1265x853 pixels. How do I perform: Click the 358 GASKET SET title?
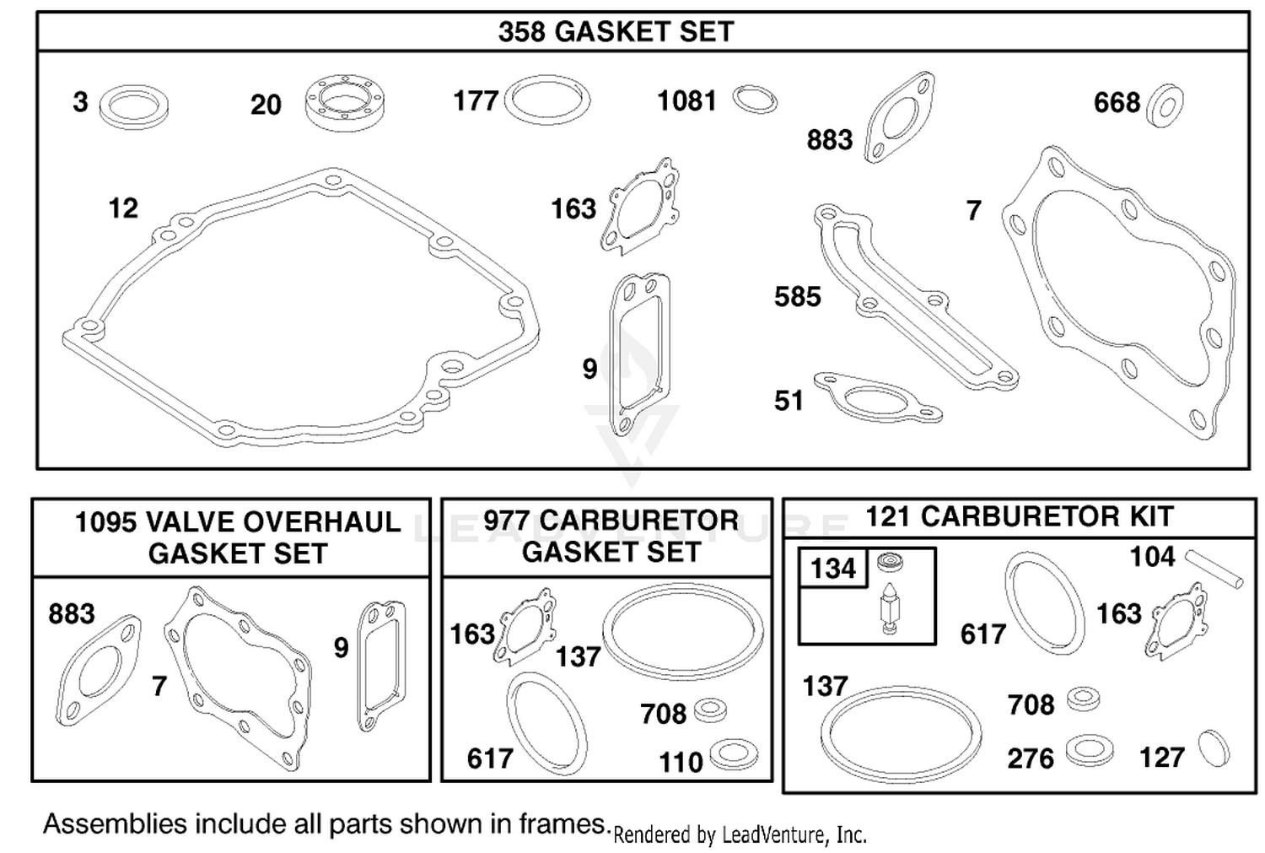[616, 31]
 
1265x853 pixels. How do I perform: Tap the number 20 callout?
[266, 105]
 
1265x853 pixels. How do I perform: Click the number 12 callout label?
[123, 208]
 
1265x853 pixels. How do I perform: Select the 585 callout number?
[798, 297]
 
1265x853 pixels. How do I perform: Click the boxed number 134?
[833, 569]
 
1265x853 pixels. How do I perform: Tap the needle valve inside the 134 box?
[890, 607]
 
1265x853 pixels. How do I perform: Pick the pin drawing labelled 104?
[1214, 569]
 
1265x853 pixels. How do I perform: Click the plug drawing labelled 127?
[1214, 748]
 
